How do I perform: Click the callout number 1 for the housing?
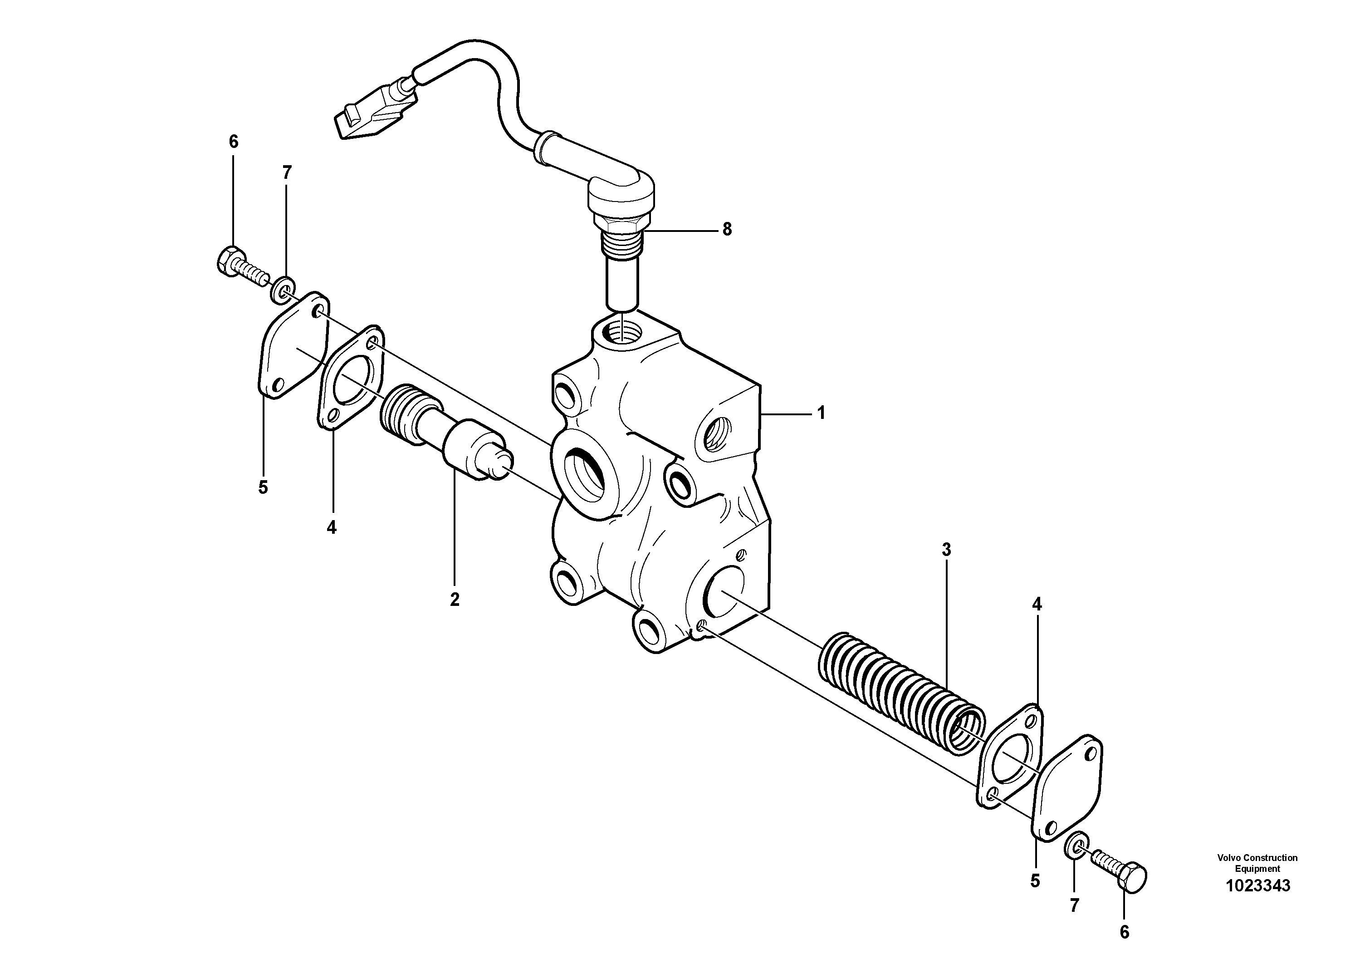pyautogui.click(x=821, y=413)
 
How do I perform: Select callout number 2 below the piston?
pyautogui.click(x=455, y=600)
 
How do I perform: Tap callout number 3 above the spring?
pyautogui.click(x=946, y=550)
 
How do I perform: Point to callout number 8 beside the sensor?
pyautogui.click(x=727, y=229)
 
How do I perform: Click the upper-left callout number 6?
pyautogui.click(x=234, y=142)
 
